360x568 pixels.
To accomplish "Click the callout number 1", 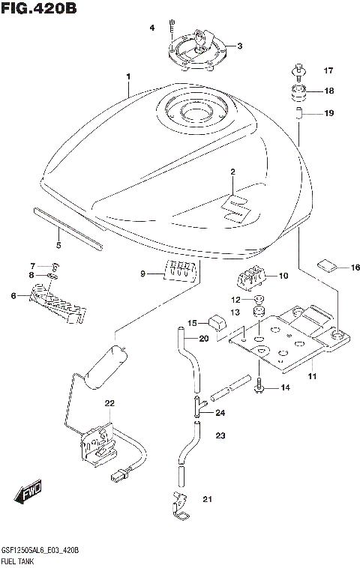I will pyautogui.click(x=128, y=76).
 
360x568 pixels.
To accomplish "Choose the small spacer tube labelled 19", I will pyautogui.click(x=298, y=114).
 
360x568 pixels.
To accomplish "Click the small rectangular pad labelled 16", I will pyautogui.click(x=328, y=264).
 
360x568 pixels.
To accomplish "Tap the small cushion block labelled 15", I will pyautogui.click(x=216, y=322).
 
